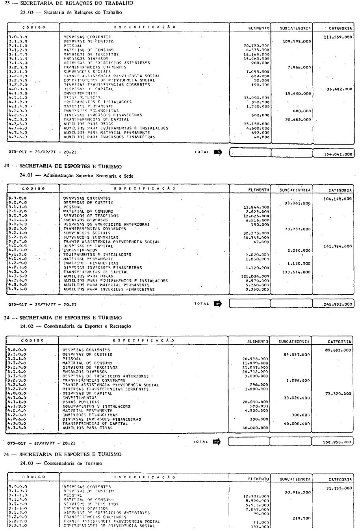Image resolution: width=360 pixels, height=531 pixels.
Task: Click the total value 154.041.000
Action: click(x=338, y=154)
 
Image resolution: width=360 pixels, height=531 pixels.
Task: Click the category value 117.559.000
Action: click(x=338, y=37)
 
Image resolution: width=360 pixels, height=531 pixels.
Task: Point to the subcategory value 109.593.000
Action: click(x=297, y=41)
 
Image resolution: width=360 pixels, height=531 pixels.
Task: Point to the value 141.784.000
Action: click(x=338, y=246)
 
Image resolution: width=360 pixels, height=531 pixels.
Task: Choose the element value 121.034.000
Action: click(x=255, y=277)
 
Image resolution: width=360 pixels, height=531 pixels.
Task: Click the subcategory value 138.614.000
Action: click(x=297, y=272)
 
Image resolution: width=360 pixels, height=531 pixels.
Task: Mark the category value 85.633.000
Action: click(x=338, y=350)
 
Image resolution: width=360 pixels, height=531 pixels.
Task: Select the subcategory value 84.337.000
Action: click(x=297, y=355)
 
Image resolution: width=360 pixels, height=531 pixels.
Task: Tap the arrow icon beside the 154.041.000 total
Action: click(x=218, y=152)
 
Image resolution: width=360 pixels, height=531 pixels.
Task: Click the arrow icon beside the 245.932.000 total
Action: click(x=218, y=303)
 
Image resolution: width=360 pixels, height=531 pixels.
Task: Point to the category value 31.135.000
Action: click(x=339, y=488)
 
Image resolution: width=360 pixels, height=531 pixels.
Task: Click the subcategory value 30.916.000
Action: click(x=297, y=492)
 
